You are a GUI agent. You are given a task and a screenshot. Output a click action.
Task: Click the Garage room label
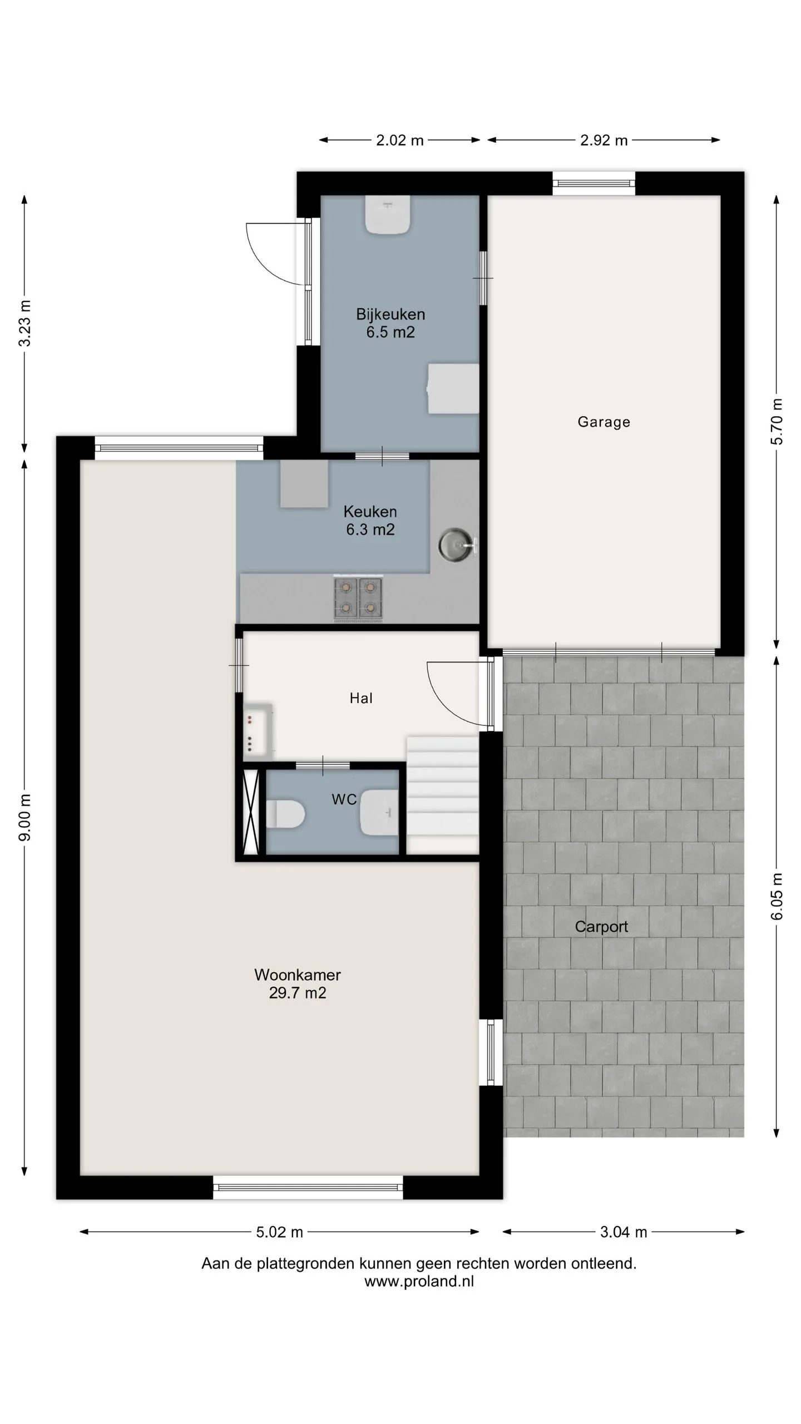[604, 422]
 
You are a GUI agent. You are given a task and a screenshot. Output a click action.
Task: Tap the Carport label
[601, 927]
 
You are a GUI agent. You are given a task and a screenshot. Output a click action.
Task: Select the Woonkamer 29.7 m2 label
[298, 983]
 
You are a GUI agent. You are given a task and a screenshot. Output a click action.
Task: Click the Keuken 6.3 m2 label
[370, 520]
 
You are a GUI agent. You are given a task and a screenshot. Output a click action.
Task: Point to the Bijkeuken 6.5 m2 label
[390, 323]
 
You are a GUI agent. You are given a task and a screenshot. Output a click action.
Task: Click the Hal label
[361, 698]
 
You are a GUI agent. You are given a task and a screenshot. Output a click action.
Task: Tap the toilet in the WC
[285, 814]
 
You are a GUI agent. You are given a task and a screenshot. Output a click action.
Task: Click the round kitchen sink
[455, 545]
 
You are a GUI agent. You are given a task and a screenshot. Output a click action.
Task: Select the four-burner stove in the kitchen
[358, 598]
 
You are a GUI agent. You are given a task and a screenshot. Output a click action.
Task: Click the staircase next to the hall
[443, 795]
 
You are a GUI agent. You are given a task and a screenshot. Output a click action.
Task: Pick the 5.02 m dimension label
[279, 1232]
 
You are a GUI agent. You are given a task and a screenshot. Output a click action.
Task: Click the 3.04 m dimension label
[624, 1232]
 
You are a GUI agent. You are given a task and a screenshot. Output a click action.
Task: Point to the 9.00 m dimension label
[25, 818]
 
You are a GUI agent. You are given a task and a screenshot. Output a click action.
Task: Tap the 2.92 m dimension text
[604, 140]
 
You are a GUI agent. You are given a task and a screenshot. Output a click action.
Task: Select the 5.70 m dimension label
[777, 422]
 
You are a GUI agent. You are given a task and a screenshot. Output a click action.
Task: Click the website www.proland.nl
[419, 1281]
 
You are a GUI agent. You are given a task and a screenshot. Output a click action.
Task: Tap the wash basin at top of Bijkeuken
[388, 215]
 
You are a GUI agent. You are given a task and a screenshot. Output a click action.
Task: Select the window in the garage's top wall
[594, 183]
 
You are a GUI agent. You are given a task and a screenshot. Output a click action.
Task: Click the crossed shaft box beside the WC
[251, 812]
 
